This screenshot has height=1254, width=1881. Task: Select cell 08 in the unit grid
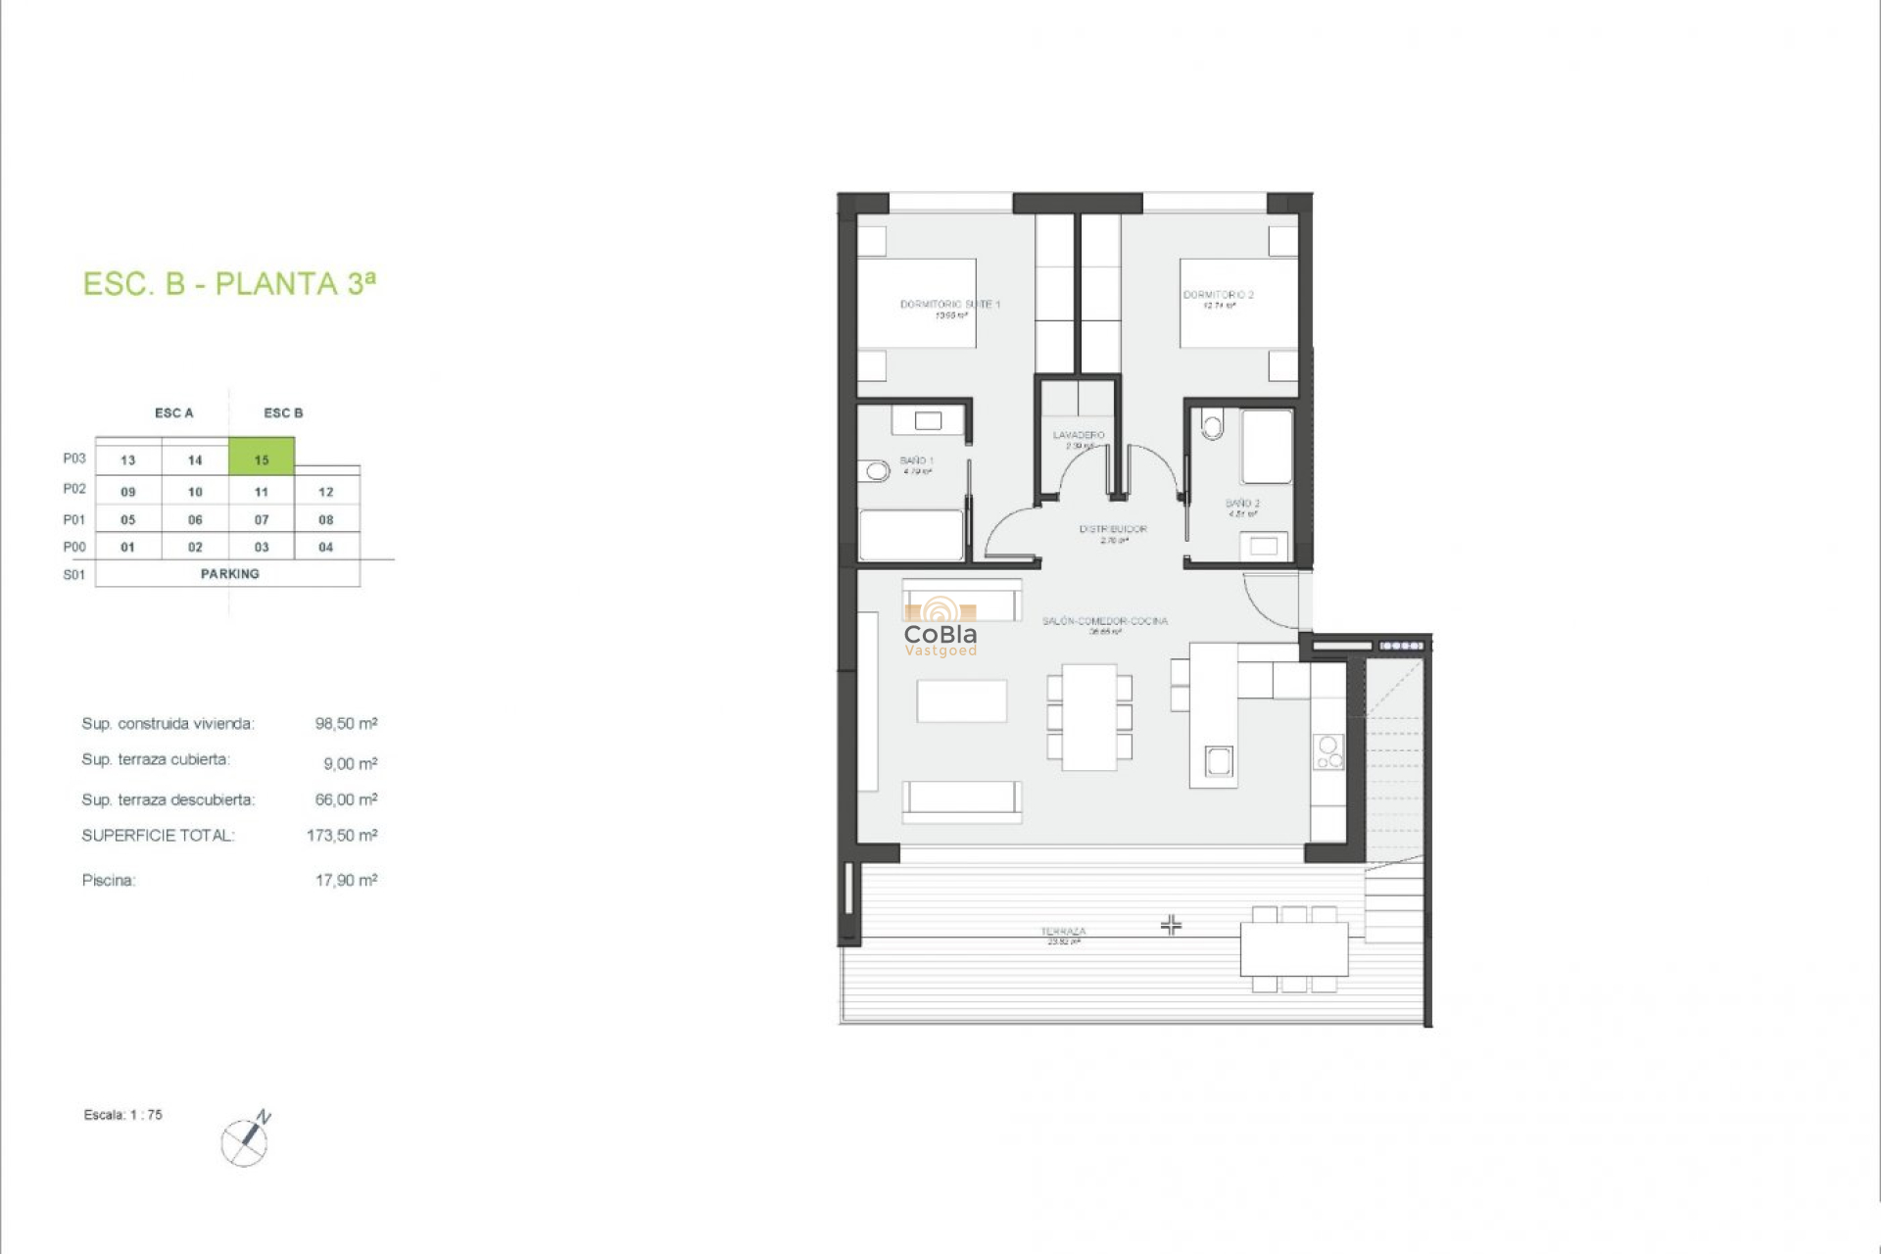pyautogui.click(x=326, y=520)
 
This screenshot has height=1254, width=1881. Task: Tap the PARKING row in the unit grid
pyautogui.click(x=229, y=574)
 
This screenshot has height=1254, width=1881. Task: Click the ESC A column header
pyautogui.click(x=174, y=413)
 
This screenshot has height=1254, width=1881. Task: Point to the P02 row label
pyautogui.click(x=74, y=489)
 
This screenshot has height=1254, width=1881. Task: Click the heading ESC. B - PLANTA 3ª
pyautogui.click(x=229, y=284)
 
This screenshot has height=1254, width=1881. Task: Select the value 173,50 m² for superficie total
pyautogui.click(x=342, y=836)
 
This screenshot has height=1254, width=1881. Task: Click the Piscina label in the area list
pyautogui.click(x=108, y=881)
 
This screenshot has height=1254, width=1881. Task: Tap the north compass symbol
pyautogui.click(x=246, y=1139)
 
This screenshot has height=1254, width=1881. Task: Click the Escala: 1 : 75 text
pyautogui.click(x=123, y=1115)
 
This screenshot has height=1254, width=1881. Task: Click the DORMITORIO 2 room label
pyautogui.click(x=1218, y=295)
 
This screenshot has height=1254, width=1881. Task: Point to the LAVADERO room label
pyautogui.click(x=1079, y=435)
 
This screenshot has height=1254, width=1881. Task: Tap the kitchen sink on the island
pyautogui.click(x=1219, y=761)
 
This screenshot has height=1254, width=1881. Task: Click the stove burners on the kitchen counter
pyautogui.click(x=1328, y=752)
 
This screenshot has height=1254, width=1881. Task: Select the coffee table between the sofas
pyautogui.click(x=962, y=700)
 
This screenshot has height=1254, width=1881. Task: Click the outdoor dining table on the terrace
pyautogui.click(x=1294, y=948)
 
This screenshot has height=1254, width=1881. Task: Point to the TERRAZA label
pyautogui.click(x=1063, y=932)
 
